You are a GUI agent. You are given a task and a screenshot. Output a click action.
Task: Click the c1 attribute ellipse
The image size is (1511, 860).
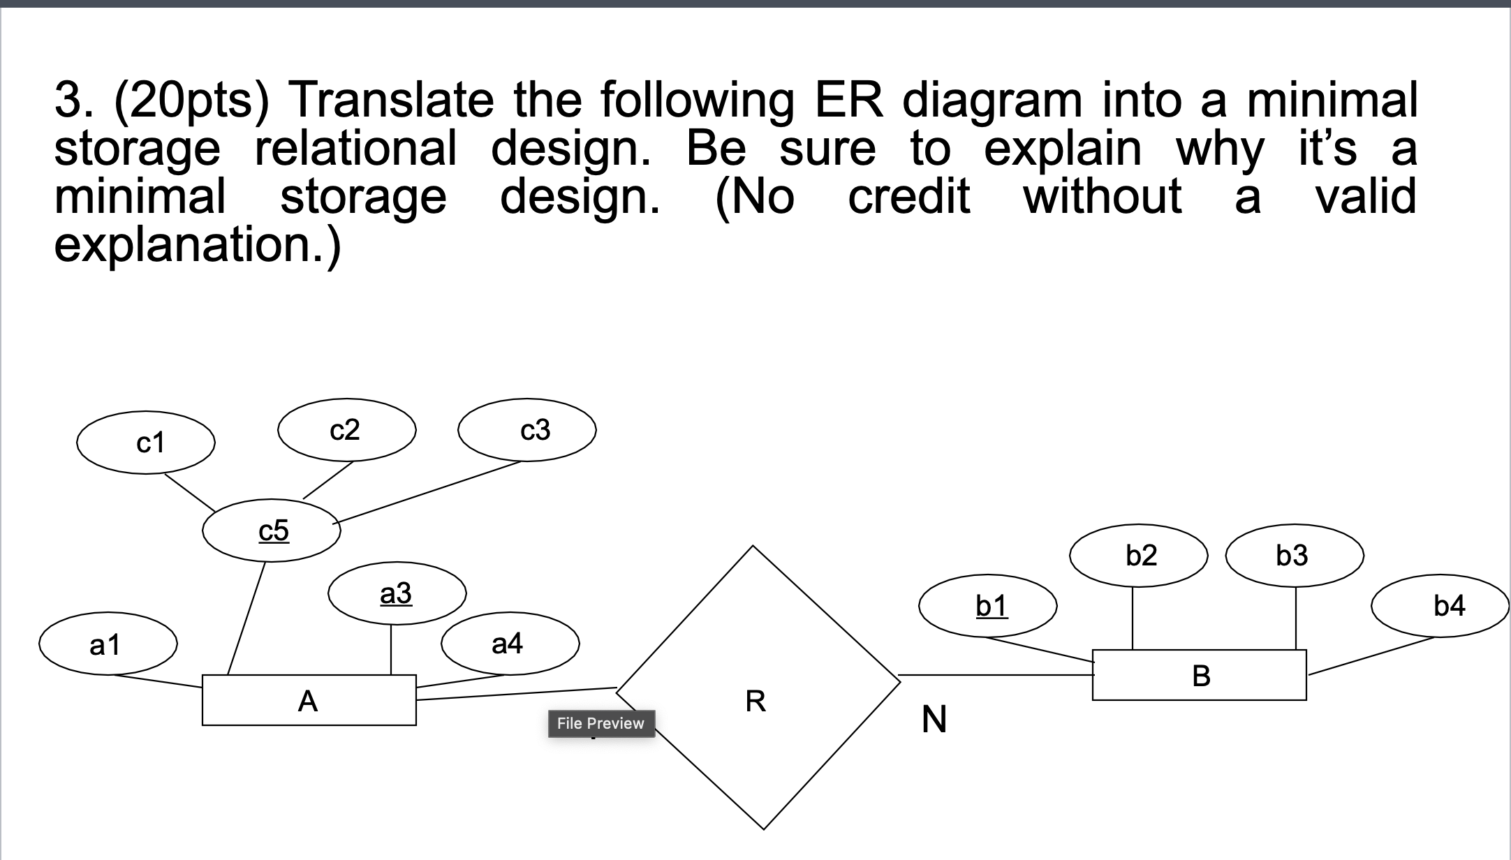click(146, 443)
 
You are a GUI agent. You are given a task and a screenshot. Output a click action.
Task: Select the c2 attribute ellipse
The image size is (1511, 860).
click(346, 430)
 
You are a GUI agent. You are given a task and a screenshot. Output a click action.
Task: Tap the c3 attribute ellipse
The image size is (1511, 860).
click(526, 430)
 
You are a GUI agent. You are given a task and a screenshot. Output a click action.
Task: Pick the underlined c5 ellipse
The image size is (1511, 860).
click(272, 531)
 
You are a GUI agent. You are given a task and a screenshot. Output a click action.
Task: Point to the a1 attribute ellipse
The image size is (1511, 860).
click(108, 644)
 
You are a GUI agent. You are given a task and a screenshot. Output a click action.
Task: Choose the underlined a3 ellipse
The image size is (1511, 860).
click(397, 593)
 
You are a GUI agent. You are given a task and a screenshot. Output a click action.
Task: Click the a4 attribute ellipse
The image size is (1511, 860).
click(510, 643)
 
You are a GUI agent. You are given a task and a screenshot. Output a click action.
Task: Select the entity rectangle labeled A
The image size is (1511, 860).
click(309, 700)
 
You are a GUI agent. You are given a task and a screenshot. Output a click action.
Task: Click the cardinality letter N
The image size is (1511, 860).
click(934, 719)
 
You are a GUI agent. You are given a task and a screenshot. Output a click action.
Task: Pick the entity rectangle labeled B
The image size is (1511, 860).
click(1199, 675)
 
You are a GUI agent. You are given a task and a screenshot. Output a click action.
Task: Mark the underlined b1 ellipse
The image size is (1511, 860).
click(988, 606)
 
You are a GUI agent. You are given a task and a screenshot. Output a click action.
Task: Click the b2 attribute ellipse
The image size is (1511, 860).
click(1139, 556)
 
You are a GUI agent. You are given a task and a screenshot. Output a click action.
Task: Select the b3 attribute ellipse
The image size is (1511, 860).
click(1295, 556)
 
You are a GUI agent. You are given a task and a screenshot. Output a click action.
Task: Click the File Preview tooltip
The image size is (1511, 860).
click(600, 723)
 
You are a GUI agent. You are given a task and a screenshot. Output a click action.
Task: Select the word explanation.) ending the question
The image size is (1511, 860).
click(198, 244)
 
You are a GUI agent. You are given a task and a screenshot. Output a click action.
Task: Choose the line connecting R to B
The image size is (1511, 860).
click(995, 675)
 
